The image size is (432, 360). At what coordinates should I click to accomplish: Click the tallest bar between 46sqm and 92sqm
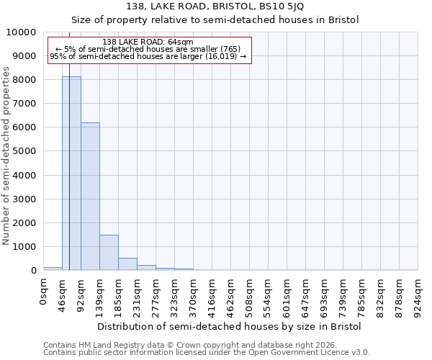[x=71, y=173]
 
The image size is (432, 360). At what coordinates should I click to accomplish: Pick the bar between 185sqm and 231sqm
[x=127, y=264]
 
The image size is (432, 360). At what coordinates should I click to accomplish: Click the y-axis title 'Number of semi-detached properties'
[x=6, y=156]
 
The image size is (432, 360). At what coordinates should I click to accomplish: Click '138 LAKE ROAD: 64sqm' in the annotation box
[x=148, y=42]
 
